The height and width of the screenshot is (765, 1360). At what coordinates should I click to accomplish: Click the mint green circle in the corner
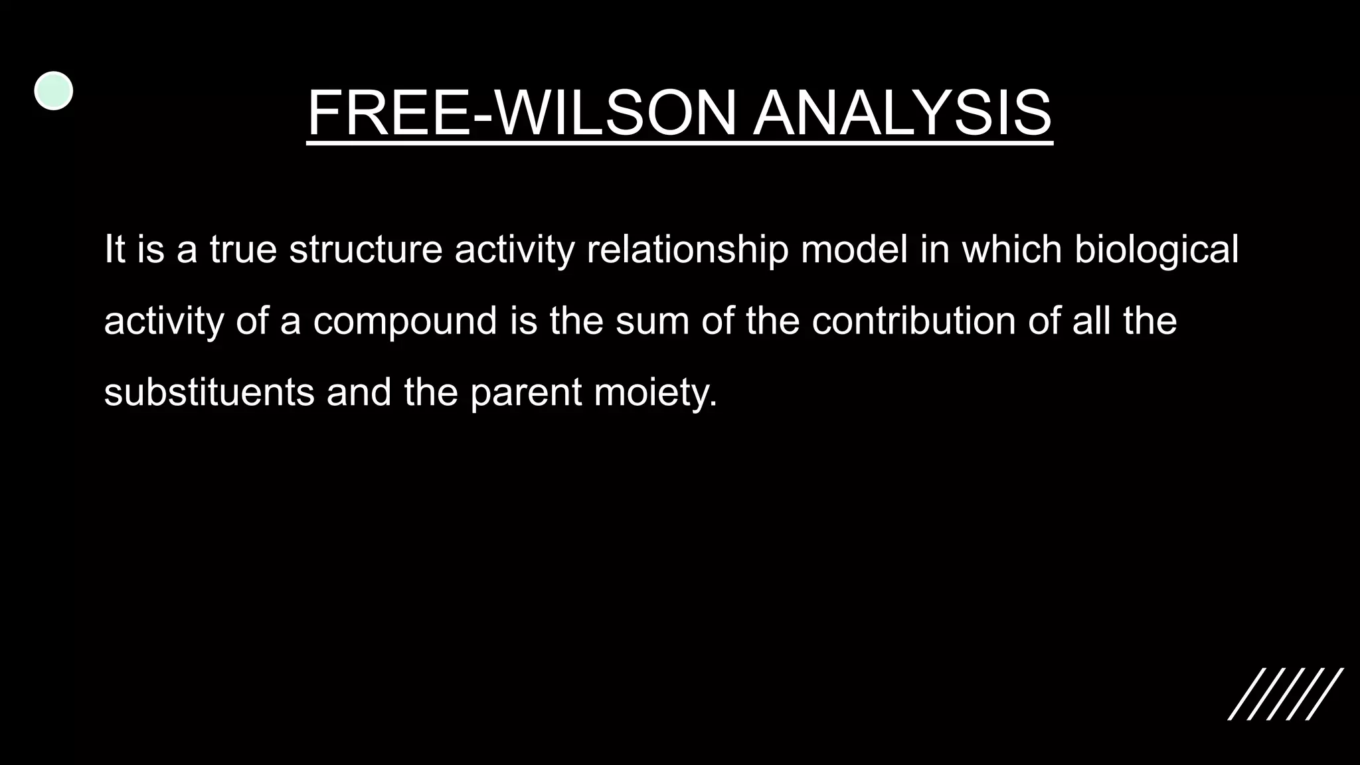pyautogui.click(x=53, y=91)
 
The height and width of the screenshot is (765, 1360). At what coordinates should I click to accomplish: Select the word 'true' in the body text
pyautogui.click(x=243, y=250)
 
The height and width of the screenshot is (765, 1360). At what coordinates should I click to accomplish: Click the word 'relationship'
pyautogui.click(x=687, y=250)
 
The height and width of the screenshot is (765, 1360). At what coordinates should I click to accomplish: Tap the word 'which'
pyautogui.click(x=1011, y=250)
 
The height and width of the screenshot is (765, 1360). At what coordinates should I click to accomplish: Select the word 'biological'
pyautogui.click(x=1156, y=250)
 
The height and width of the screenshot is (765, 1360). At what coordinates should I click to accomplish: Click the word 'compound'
pyautogui.click(x=405, y=321)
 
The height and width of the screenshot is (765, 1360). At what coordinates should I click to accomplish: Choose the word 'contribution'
pyautogui.click(x=914, y=321)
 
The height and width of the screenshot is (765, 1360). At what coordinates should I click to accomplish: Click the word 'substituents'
pyautogui.click(x=209, y=392)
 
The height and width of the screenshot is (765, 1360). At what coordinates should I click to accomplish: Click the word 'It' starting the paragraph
pyautogui.click(x=114, y=250)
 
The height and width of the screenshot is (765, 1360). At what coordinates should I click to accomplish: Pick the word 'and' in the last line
pyautogui.click(x=359, y=392)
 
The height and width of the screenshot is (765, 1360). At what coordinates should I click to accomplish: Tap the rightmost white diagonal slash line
pyautogui.click(x=1324, y=694)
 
